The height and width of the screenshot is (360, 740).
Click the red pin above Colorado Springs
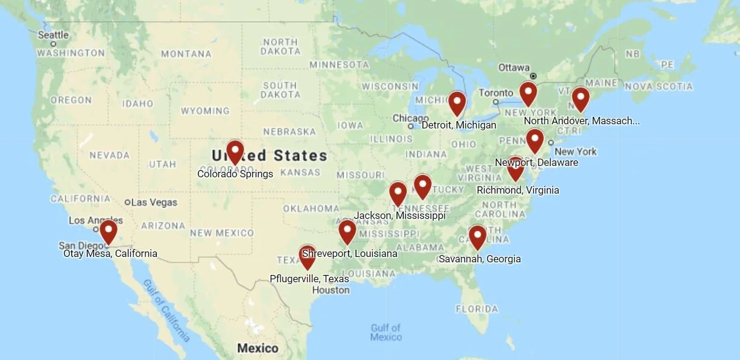[x=235, y=151]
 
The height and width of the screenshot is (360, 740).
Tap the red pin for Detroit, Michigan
[x=457, y=102]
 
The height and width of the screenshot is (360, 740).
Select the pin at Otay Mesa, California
[x=108, y=230]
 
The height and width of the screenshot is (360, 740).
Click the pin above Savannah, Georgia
[x=477, y=236]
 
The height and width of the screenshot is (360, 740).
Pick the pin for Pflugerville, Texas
[x=308, y=256]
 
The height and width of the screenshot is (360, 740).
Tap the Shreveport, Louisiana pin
[x=347, y=231]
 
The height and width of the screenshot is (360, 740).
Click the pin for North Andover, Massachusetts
[x=580, y=98]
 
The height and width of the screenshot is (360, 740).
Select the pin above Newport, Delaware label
[x=534, y=140]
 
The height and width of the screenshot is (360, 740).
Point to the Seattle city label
[x=53, y=35]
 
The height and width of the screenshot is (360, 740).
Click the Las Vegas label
[x=154, y=202]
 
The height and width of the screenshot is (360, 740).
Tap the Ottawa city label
[x=514, y=68]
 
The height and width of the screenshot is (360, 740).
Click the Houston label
[x=330, y=290]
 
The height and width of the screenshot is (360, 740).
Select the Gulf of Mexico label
[x=386, y=332]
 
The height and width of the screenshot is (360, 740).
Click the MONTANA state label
[x=186, y=54]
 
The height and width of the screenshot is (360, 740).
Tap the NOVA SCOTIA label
[x=659, y=87]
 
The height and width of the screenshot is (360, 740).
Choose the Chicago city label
[x=410, y=118]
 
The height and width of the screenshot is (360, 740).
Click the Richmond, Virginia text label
[x=517, y=190]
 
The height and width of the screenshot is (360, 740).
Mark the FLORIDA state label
[x=477, y=309]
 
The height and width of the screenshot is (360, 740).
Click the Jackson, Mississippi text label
[x=399, y=215]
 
